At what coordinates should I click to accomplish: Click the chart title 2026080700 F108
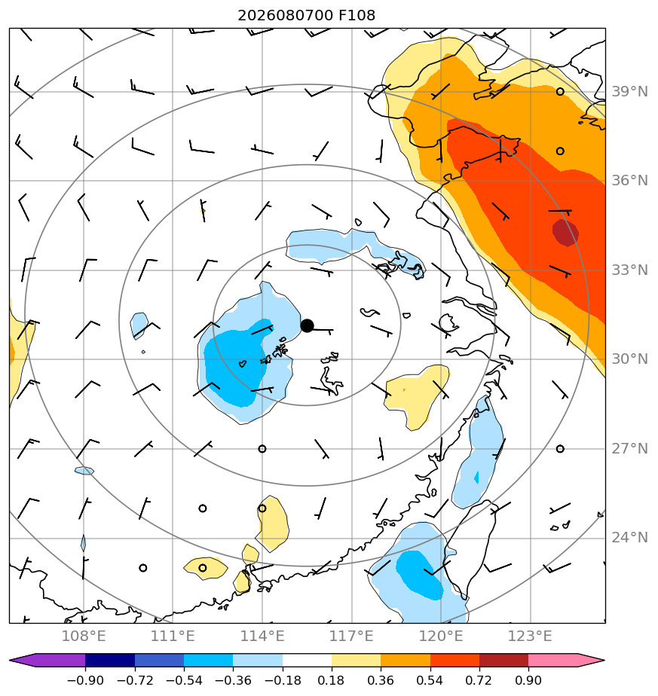point(307,16)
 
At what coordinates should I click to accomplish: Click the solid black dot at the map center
point(307,326)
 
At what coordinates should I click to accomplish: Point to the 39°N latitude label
point(629,92)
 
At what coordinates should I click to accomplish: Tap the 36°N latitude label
point(629,181)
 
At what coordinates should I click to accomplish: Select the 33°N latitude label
point(629,270)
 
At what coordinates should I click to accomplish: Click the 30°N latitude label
point(629,359)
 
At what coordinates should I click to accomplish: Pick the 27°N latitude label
point(629,449)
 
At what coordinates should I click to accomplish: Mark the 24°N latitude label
point(629,538)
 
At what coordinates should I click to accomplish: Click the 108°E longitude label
point(84,636)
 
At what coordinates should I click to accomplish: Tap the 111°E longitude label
point(173,636)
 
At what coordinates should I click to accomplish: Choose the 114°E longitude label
point(262,636)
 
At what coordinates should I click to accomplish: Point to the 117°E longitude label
point(351,636)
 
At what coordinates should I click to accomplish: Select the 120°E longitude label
point(441,636)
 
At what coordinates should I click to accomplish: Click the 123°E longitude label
point(530,636)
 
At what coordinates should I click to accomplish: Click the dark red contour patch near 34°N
point(565,233)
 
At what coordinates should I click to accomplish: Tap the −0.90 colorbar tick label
point(85,680)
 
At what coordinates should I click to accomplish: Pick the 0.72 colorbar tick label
point(479,680)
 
